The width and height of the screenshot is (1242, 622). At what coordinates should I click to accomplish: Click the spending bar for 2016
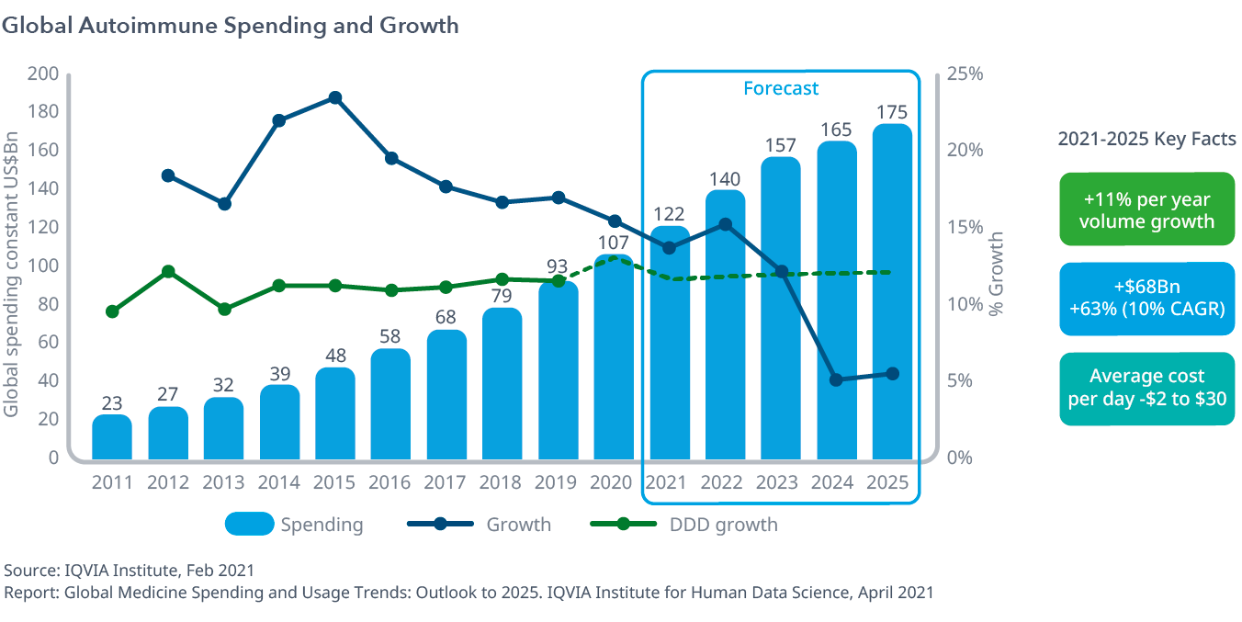tap(391, 404)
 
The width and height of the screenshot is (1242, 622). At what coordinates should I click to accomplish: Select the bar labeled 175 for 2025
tap(892, 294)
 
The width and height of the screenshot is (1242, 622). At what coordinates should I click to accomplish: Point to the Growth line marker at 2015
tap(335, 98)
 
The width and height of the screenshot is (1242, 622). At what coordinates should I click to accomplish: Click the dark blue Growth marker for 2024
tap(836, 379)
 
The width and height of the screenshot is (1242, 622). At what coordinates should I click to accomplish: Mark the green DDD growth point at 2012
tap(168, 272)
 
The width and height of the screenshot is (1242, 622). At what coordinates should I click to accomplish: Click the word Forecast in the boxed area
tap(780, 88)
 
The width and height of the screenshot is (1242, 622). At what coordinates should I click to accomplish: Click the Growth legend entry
tap(479, 525)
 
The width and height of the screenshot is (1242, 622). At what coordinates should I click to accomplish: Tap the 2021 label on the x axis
tap(669, 482)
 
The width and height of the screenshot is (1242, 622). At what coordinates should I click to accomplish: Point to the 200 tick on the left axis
tap(44, 74)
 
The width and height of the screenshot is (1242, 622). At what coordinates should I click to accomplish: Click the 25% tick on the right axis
tap(965, 74)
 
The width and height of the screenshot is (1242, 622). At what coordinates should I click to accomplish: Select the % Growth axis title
tap(997, 274)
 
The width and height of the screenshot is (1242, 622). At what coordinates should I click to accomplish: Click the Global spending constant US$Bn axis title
tap(12, 266)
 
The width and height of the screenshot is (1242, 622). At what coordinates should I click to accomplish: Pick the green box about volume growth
tap(1146, 210)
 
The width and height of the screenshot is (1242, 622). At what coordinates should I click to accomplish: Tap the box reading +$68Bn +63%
tap(1146, 299)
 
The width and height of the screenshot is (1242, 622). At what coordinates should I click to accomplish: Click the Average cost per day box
tap(1146, 388)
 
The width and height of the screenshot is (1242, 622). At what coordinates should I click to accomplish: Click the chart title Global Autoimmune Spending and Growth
tap(231, 26)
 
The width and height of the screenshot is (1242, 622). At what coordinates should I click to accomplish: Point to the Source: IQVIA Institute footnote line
tap(130, 571)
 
